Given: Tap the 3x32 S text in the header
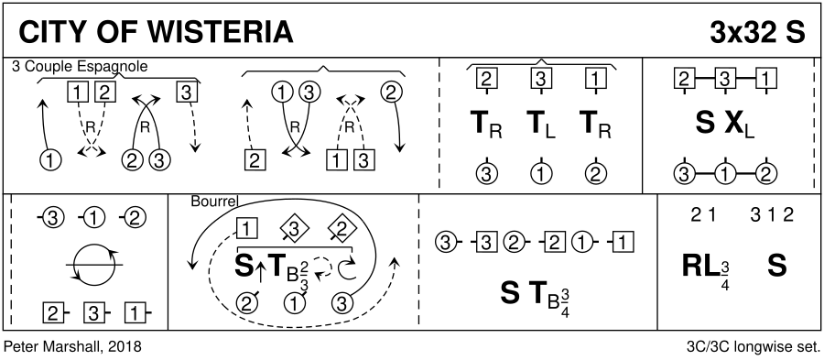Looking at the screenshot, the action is coord(757,32).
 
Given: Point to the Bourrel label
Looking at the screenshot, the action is coord(214,202).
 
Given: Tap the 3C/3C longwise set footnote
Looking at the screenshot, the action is coord(754,347).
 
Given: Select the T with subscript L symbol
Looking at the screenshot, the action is coord(542,125).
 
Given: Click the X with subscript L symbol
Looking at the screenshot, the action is coord(740,125).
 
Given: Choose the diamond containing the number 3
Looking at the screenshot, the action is coord(295,229).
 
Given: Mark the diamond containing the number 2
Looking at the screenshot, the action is coord(340,229).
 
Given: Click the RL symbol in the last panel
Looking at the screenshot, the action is coord(700,266).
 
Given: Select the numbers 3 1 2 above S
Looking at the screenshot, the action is coord(772,214).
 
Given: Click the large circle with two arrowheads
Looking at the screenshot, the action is coord(94,245).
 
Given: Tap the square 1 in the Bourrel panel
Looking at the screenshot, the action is coord(247,229).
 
